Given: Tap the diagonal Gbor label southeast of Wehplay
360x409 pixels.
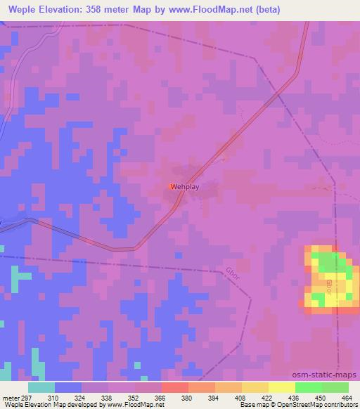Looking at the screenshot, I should pyautogui.click(x=234, y=273).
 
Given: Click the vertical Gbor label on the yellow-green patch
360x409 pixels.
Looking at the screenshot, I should pyautogui.click(x=328, y=287).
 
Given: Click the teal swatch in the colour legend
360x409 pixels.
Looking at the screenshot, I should pyautogui.click(x=41, y=387).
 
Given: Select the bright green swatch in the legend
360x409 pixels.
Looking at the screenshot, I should pyautogui.click(x=308, y=387).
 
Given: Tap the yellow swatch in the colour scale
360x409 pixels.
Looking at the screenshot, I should pyautogui.click(x=281, y=387).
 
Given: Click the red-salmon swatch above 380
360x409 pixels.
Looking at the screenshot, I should pyautogui.click(x=174, y=387).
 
